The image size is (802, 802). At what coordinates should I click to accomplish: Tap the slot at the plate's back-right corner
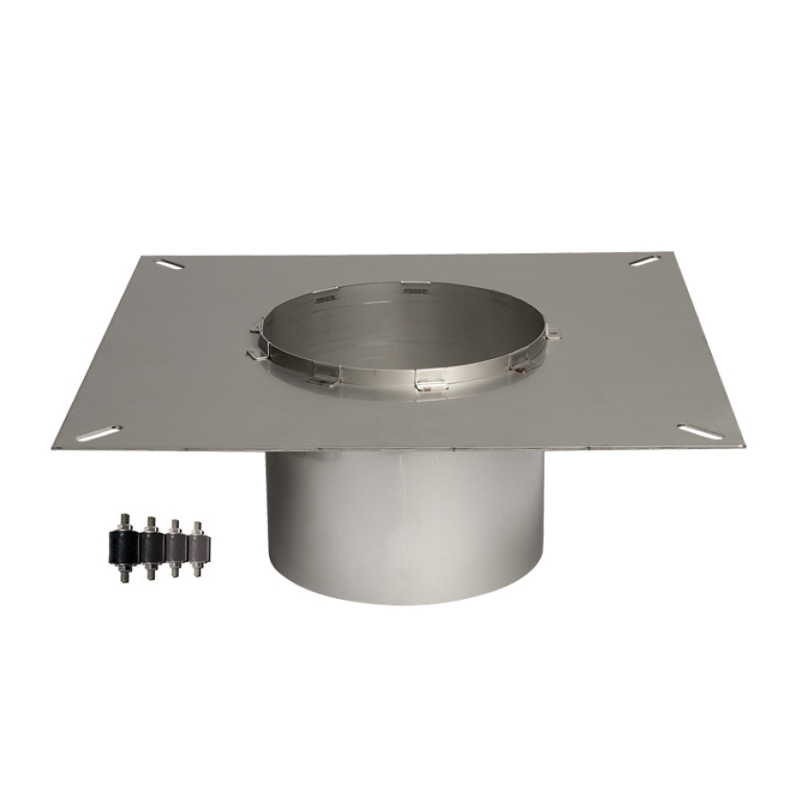(x=644, y=260)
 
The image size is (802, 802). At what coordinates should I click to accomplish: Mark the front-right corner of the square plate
(x=741, y=444)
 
